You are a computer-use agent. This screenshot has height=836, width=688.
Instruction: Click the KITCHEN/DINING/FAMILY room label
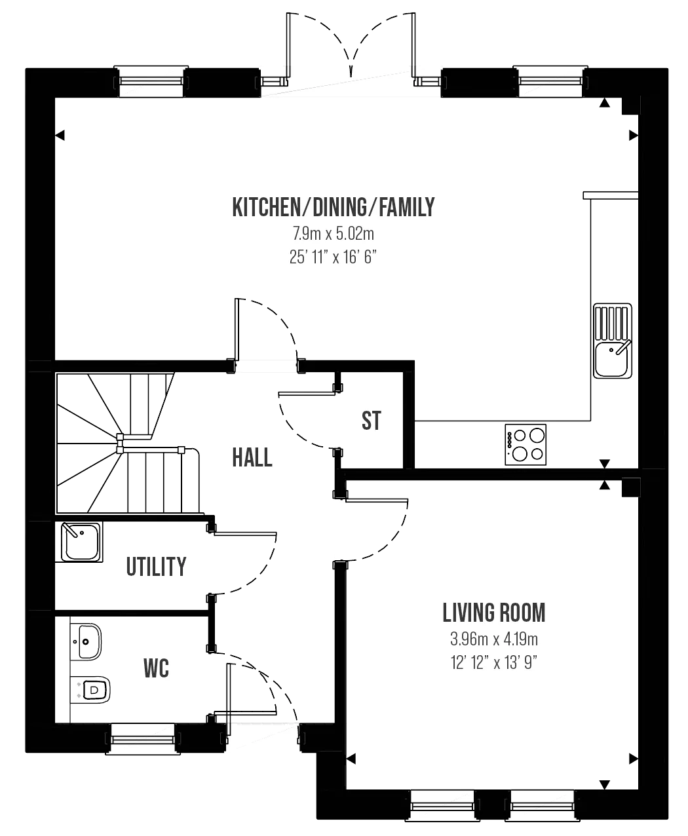pos(334,207)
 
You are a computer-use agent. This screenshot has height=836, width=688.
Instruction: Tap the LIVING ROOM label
pos(493,613)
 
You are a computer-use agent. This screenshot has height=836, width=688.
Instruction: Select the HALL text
pos(252,457)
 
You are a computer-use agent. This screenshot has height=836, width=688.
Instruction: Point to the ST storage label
pos(371,421)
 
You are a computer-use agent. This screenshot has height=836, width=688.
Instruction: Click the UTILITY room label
pos(156,567)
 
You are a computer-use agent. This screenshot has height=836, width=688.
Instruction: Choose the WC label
pos(156,668)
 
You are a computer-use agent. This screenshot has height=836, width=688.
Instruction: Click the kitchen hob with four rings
pos(526,444)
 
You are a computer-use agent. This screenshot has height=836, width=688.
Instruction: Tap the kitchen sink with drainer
pos(613,341)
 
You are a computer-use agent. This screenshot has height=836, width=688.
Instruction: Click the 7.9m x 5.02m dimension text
pos(334,233)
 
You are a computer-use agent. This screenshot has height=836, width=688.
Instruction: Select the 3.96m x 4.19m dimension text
pos(493,639)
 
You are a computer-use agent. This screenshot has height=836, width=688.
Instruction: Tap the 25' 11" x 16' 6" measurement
pos(333,257)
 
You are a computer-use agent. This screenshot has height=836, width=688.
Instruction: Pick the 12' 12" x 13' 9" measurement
pos(493,662)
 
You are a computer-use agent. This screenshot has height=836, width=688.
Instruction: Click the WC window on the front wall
pos(142,738)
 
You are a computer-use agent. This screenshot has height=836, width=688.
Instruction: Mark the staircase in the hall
pos(128,443)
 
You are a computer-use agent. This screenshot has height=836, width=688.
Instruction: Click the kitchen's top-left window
pos(151,81)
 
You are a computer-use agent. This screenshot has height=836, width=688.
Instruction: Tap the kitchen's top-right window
pos(550,81)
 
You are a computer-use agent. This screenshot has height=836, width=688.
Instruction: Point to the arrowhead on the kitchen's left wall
pos(60,136)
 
